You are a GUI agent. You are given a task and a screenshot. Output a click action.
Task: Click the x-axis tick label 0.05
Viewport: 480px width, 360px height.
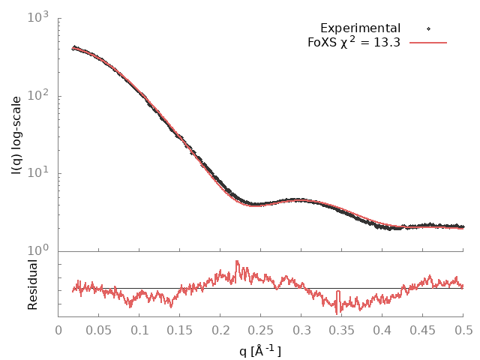[99, 330]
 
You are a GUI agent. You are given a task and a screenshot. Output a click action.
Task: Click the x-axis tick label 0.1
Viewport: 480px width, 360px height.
[139, 330]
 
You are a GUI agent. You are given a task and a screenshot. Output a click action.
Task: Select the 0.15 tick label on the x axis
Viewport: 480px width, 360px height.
[180, 330]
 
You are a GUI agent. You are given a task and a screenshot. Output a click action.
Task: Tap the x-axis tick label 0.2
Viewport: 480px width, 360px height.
[220, 330]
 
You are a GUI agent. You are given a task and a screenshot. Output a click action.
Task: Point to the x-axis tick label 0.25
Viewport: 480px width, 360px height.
[261, 330]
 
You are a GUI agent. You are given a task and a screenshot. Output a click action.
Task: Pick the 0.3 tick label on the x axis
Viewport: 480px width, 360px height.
[301, 330]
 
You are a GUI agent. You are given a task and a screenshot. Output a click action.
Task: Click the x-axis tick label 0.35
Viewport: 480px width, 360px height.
[342, 330]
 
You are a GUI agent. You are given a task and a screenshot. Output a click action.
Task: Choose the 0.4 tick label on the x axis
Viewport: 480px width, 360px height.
[382, 330]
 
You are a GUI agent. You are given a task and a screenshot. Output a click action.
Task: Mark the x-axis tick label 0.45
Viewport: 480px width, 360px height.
[423, 330]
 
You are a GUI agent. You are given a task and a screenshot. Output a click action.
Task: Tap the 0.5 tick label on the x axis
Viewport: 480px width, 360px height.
[463, 330]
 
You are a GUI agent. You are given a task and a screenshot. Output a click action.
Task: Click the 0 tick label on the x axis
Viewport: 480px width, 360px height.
[58, 330]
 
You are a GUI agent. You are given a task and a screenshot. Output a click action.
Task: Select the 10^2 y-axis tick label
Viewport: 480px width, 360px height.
[37, 95]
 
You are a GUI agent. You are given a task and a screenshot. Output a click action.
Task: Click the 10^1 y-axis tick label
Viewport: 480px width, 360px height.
[37, 173]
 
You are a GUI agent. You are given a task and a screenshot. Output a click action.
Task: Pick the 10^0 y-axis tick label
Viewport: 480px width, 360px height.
[37, 251]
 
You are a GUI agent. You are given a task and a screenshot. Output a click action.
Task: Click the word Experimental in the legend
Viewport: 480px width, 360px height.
[358, 28]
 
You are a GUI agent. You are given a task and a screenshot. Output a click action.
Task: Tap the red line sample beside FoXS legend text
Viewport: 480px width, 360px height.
[429, 43]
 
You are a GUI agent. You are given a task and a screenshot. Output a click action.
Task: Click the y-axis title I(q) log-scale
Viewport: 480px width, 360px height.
[16, 133]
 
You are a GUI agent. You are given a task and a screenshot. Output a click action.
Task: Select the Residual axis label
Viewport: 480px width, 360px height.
[32, 284]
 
